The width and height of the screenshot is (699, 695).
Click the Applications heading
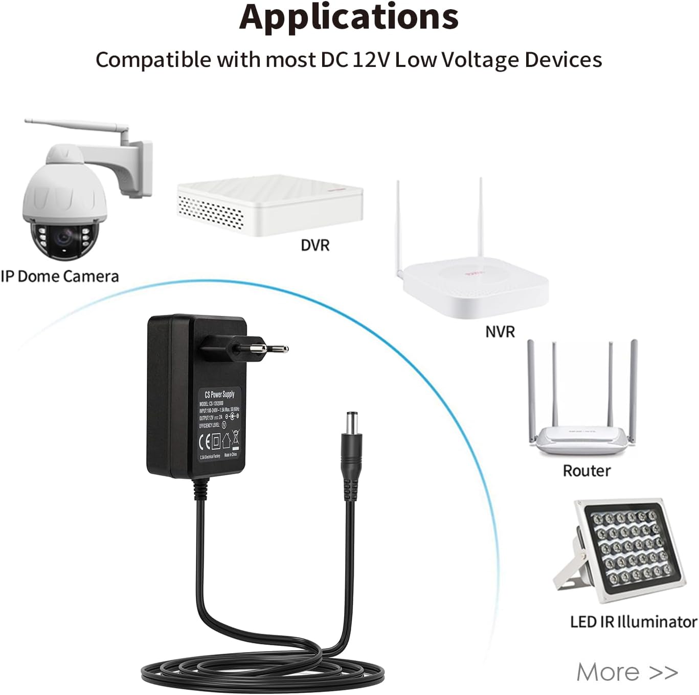[349, 17]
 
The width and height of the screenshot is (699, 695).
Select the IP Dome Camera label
[60, 276]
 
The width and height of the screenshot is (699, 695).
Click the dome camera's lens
[63, 237]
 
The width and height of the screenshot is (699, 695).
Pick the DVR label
[315, 245]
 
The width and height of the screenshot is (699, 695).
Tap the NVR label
[500, 332]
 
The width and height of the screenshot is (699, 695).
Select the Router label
[587, 470]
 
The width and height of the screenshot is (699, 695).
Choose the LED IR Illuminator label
[634, 621]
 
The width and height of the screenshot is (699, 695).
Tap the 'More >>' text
[627, 671]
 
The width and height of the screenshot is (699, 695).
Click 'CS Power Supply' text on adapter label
[219, 395]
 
